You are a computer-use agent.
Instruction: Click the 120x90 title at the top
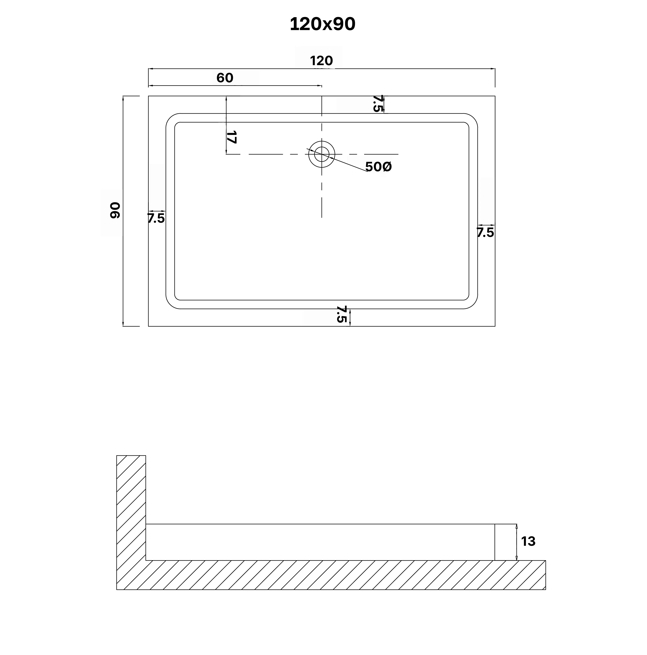point(322,24)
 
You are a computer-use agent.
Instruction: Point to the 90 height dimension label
point(115,210)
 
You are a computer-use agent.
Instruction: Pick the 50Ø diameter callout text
point(378,167)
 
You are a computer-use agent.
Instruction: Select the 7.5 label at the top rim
point(377,103)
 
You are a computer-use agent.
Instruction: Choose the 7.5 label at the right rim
point(485,233)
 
